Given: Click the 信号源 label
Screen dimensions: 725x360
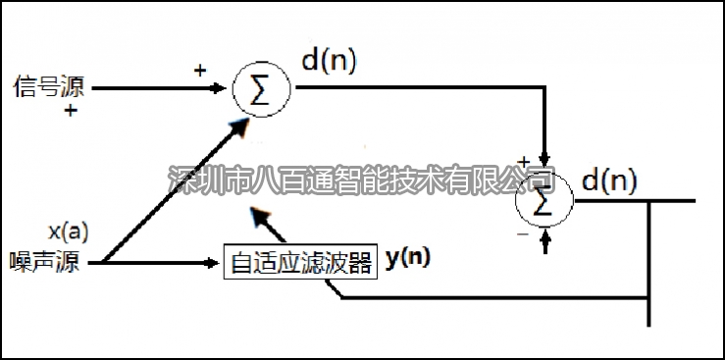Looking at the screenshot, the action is (48, 87).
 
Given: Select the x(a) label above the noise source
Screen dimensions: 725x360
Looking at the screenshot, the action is (68, 232).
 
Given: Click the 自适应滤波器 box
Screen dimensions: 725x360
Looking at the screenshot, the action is (300, 263).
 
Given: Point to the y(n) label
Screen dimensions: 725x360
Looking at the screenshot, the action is (408, 259).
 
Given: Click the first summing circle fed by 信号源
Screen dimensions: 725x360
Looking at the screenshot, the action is (260, 89).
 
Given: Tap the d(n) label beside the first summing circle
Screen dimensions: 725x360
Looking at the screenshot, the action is (329, 61).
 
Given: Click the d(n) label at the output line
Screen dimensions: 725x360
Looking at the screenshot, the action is (609, 180).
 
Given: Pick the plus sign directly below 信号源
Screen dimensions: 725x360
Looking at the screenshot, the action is (71, 111).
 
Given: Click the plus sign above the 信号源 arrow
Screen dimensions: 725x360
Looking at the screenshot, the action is (200, 71).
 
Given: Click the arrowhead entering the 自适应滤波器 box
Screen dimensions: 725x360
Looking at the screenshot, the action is (217, 263).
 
